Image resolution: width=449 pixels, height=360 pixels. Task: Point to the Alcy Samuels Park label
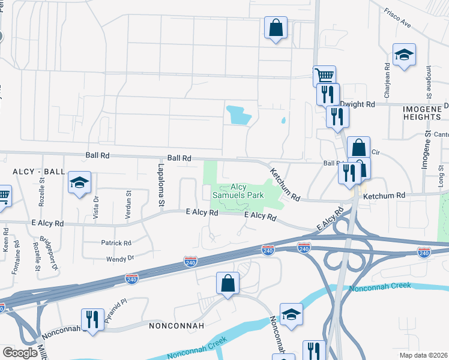pyautogui.click(x=238, y=191)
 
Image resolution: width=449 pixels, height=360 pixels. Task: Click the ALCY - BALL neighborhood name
pyautogui.click(x=38, y=172)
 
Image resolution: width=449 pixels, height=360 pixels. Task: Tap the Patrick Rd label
pyautogui.click(x=116, y=243)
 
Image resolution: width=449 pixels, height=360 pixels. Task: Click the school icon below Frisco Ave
pyautogui.click(x=404, y=55)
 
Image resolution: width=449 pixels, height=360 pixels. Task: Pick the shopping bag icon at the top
pyautogui.click(x=276, y=27)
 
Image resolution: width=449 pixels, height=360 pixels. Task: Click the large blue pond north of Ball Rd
pyautogui.click(x=238, y=115)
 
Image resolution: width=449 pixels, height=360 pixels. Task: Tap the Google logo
pyautogui.click(x=20, y=353)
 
